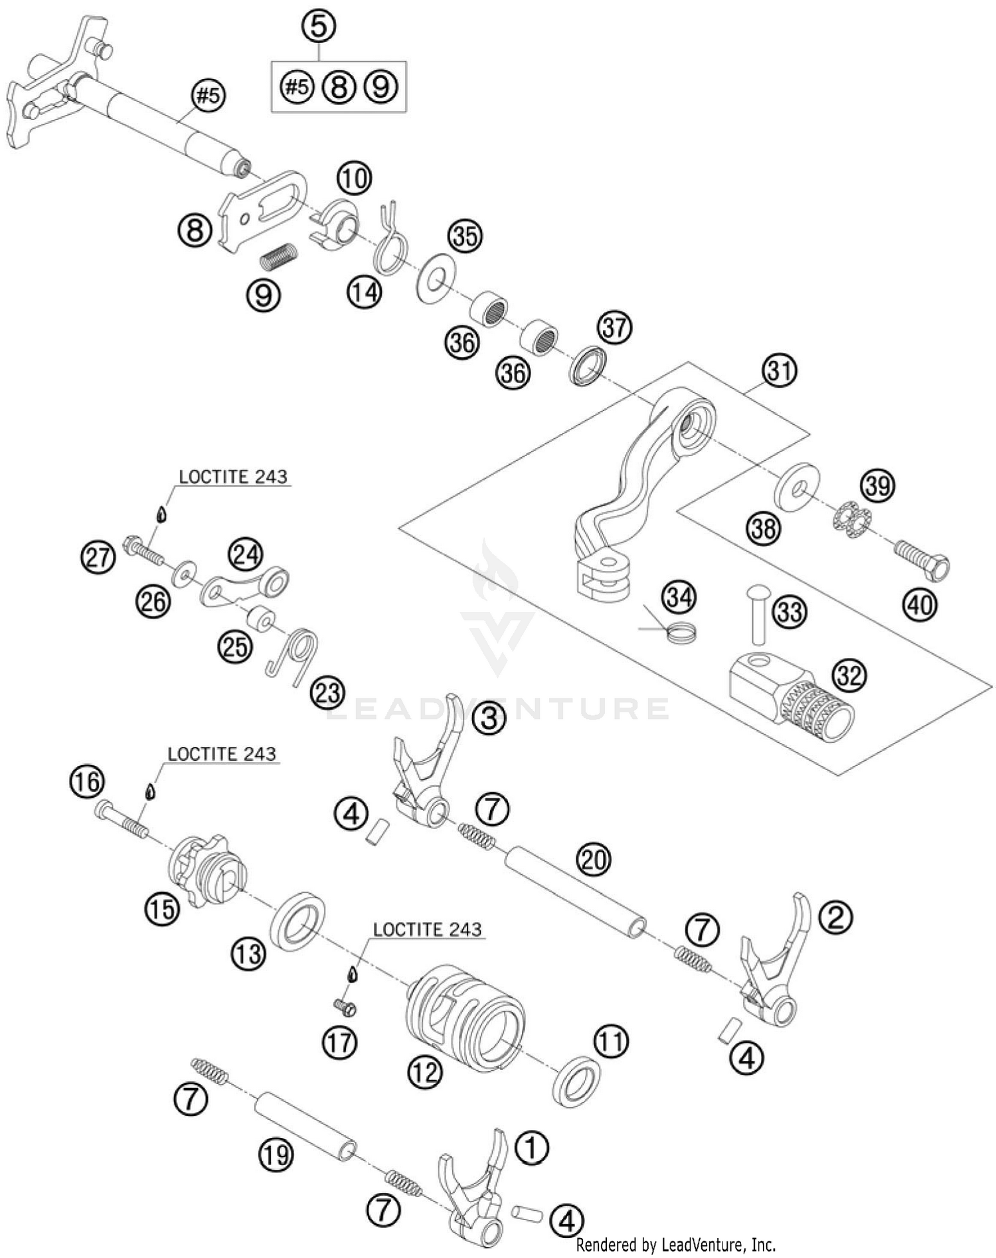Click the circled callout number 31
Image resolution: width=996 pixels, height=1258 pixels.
pos(780,370)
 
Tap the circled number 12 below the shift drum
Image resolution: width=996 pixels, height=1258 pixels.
pos(424,1071)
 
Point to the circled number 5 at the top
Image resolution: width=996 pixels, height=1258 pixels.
pos(319,27)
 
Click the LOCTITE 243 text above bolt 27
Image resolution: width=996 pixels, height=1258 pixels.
pos(233,477)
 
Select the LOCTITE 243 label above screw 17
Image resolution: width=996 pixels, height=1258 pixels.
pos(427,929)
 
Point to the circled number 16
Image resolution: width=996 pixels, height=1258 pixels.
pos(88,781)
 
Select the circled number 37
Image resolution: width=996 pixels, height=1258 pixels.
pos(615,328)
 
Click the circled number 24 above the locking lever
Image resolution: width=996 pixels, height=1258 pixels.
pos(246,554)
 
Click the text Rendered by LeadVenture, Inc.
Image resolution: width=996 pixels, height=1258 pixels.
pos(675,1244)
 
